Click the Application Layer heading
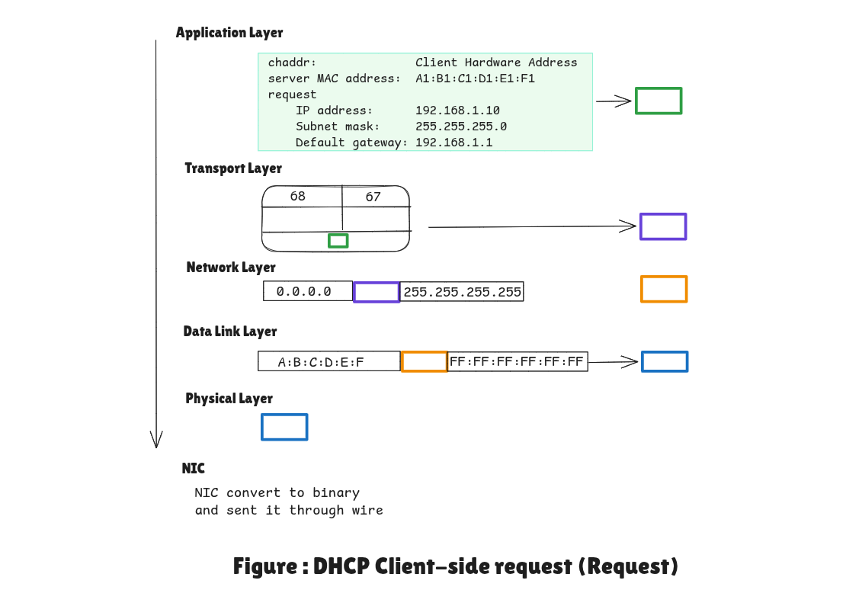click(x=229, y=33)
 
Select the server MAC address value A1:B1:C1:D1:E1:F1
click(x=476, y=79)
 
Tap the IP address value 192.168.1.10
click(x=457, y=111)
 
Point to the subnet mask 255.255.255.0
click(x=460, y=127)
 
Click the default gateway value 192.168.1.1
click(x=453, y=143)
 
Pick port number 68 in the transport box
click(x=297, y=197)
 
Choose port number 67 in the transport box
click(x=373, y=197)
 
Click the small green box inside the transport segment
click(x=338, y=241)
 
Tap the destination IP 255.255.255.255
click(x=462, y=292)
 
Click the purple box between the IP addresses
click(x=377, y=292)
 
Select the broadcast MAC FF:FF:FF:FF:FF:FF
click(x=517, y=361)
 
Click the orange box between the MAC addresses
click(x=424, y=361)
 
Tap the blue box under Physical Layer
click(x=284, y=427)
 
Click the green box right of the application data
click(x=659, y=101)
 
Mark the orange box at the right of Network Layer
click(x=664, y=290)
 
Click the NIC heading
click(x=193, y=468)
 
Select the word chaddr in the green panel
click(x=292, y=63)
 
